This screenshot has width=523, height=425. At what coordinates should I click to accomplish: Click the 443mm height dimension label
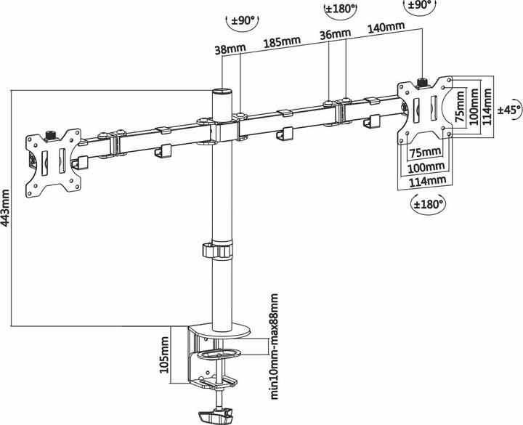click(x=6, y=208)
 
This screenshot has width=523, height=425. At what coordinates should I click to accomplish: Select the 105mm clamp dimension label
click(x=164, y=355)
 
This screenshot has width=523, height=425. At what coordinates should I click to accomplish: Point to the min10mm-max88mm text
click(x=274, y=347)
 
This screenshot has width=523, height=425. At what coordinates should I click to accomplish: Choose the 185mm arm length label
click(x=282, y=41)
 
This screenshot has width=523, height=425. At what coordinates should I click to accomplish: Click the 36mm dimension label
click(x=335, y=34)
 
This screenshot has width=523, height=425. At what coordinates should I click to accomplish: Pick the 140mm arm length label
click(x=386, y=27)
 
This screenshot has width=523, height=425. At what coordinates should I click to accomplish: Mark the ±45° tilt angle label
click(x=509, y=110)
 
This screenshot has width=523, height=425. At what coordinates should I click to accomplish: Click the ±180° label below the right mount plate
click(x=429, y=203)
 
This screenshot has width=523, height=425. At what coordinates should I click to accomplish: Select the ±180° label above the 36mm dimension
click(x=340, y=9)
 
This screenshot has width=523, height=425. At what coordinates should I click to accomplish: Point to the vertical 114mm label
click(x=487, y=106)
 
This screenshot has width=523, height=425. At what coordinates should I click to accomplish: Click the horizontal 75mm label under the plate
click(x=425, y=153)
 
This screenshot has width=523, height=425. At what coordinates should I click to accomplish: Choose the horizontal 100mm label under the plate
click(x=426, y=167)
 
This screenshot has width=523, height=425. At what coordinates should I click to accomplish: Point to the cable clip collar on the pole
click(x=216, y=250)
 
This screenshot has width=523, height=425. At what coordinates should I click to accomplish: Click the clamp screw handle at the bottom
click(x=215, y=416)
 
